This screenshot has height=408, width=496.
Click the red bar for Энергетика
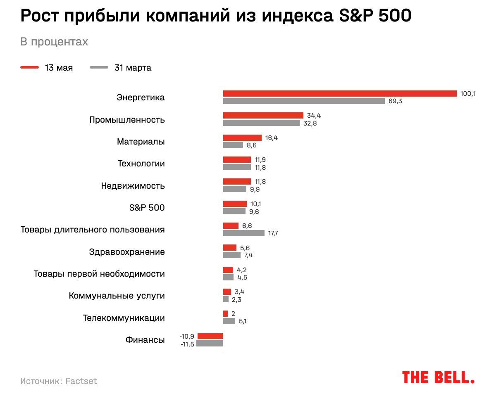pos(340,94)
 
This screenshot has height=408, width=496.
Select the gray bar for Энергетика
pos(304,101)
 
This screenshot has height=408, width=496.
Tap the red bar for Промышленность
pos(263,116)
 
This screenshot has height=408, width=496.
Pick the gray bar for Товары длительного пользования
pos(244,233)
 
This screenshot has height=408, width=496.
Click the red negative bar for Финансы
pos(210,336)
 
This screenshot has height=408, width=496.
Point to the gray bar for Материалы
pos(233,145)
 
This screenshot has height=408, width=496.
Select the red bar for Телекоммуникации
pos(225,314)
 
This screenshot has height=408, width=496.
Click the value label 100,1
pos(468,94)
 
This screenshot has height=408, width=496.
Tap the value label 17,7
pos(273,233)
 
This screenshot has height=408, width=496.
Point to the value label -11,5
pos(187,344)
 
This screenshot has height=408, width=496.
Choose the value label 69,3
pos(395,101)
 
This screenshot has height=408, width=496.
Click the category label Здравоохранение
pos(127,252)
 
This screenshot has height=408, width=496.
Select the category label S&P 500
pos(147,208)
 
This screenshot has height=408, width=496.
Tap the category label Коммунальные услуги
pos(117,296)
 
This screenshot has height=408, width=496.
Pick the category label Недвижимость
pos(133,186)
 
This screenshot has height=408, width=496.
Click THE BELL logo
pos(438,377)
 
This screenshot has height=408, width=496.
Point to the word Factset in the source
pos(81,381)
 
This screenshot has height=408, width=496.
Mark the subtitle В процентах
pos(54,42)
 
